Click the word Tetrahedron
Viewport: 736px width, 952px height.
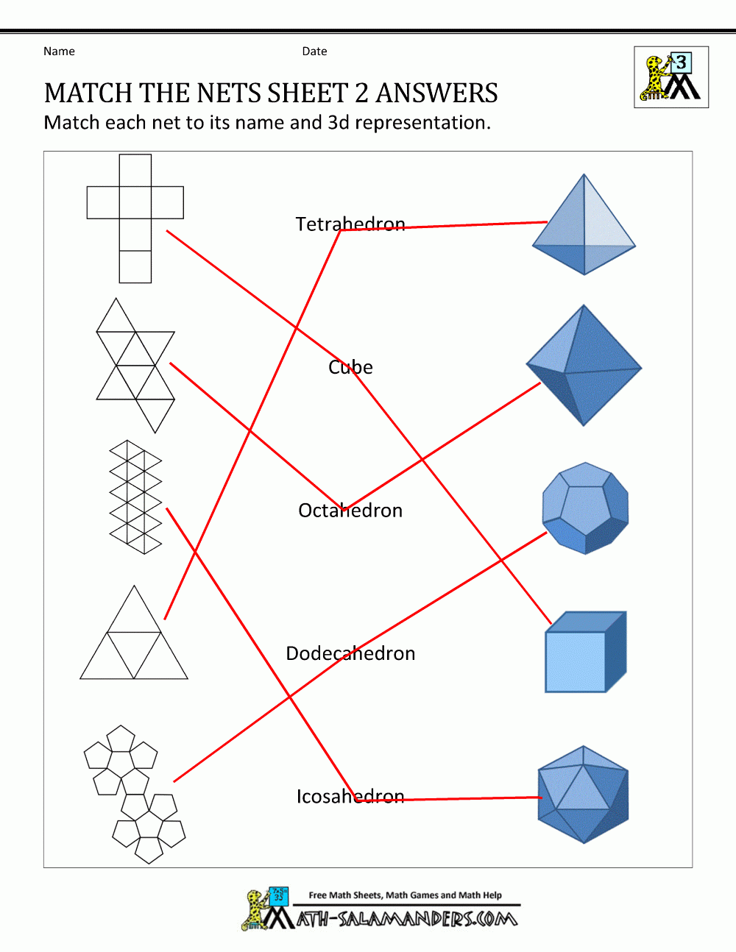(350, 224)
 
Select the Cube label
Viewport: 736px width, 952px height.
(350, 367)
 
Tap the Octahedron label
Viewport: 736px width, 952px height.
(350, 511)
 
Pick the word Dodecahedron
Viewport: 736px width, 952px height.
(350, 653)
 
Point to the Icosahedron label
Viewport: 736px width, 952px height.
(350, 797)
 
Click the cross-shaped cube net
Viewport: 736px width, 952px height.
(135, 218)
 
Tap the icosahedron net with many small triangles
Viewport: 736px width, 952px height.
(135, 497)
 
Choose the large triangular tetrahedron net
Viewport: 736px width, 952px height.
(134, 640)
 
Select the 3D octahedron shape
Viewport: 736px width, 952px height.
(584, 366)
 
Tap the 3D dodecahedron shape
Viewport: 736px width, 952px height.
(585, 508)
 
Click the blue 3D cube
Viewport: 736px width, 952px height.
(585, 653)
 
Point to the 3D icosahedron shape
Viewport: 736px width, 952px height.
(584, 795)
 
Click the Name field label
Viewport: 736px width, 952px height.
(59, 51)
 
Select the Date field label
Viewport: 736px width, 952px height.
(314, 51)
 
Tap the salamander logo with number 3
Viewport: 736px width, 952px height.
(671, 77)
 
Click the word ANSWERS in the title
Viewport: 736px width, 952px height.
(436, 93)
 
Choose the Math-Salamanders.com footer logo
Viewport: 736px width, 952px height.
(381, 909)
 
